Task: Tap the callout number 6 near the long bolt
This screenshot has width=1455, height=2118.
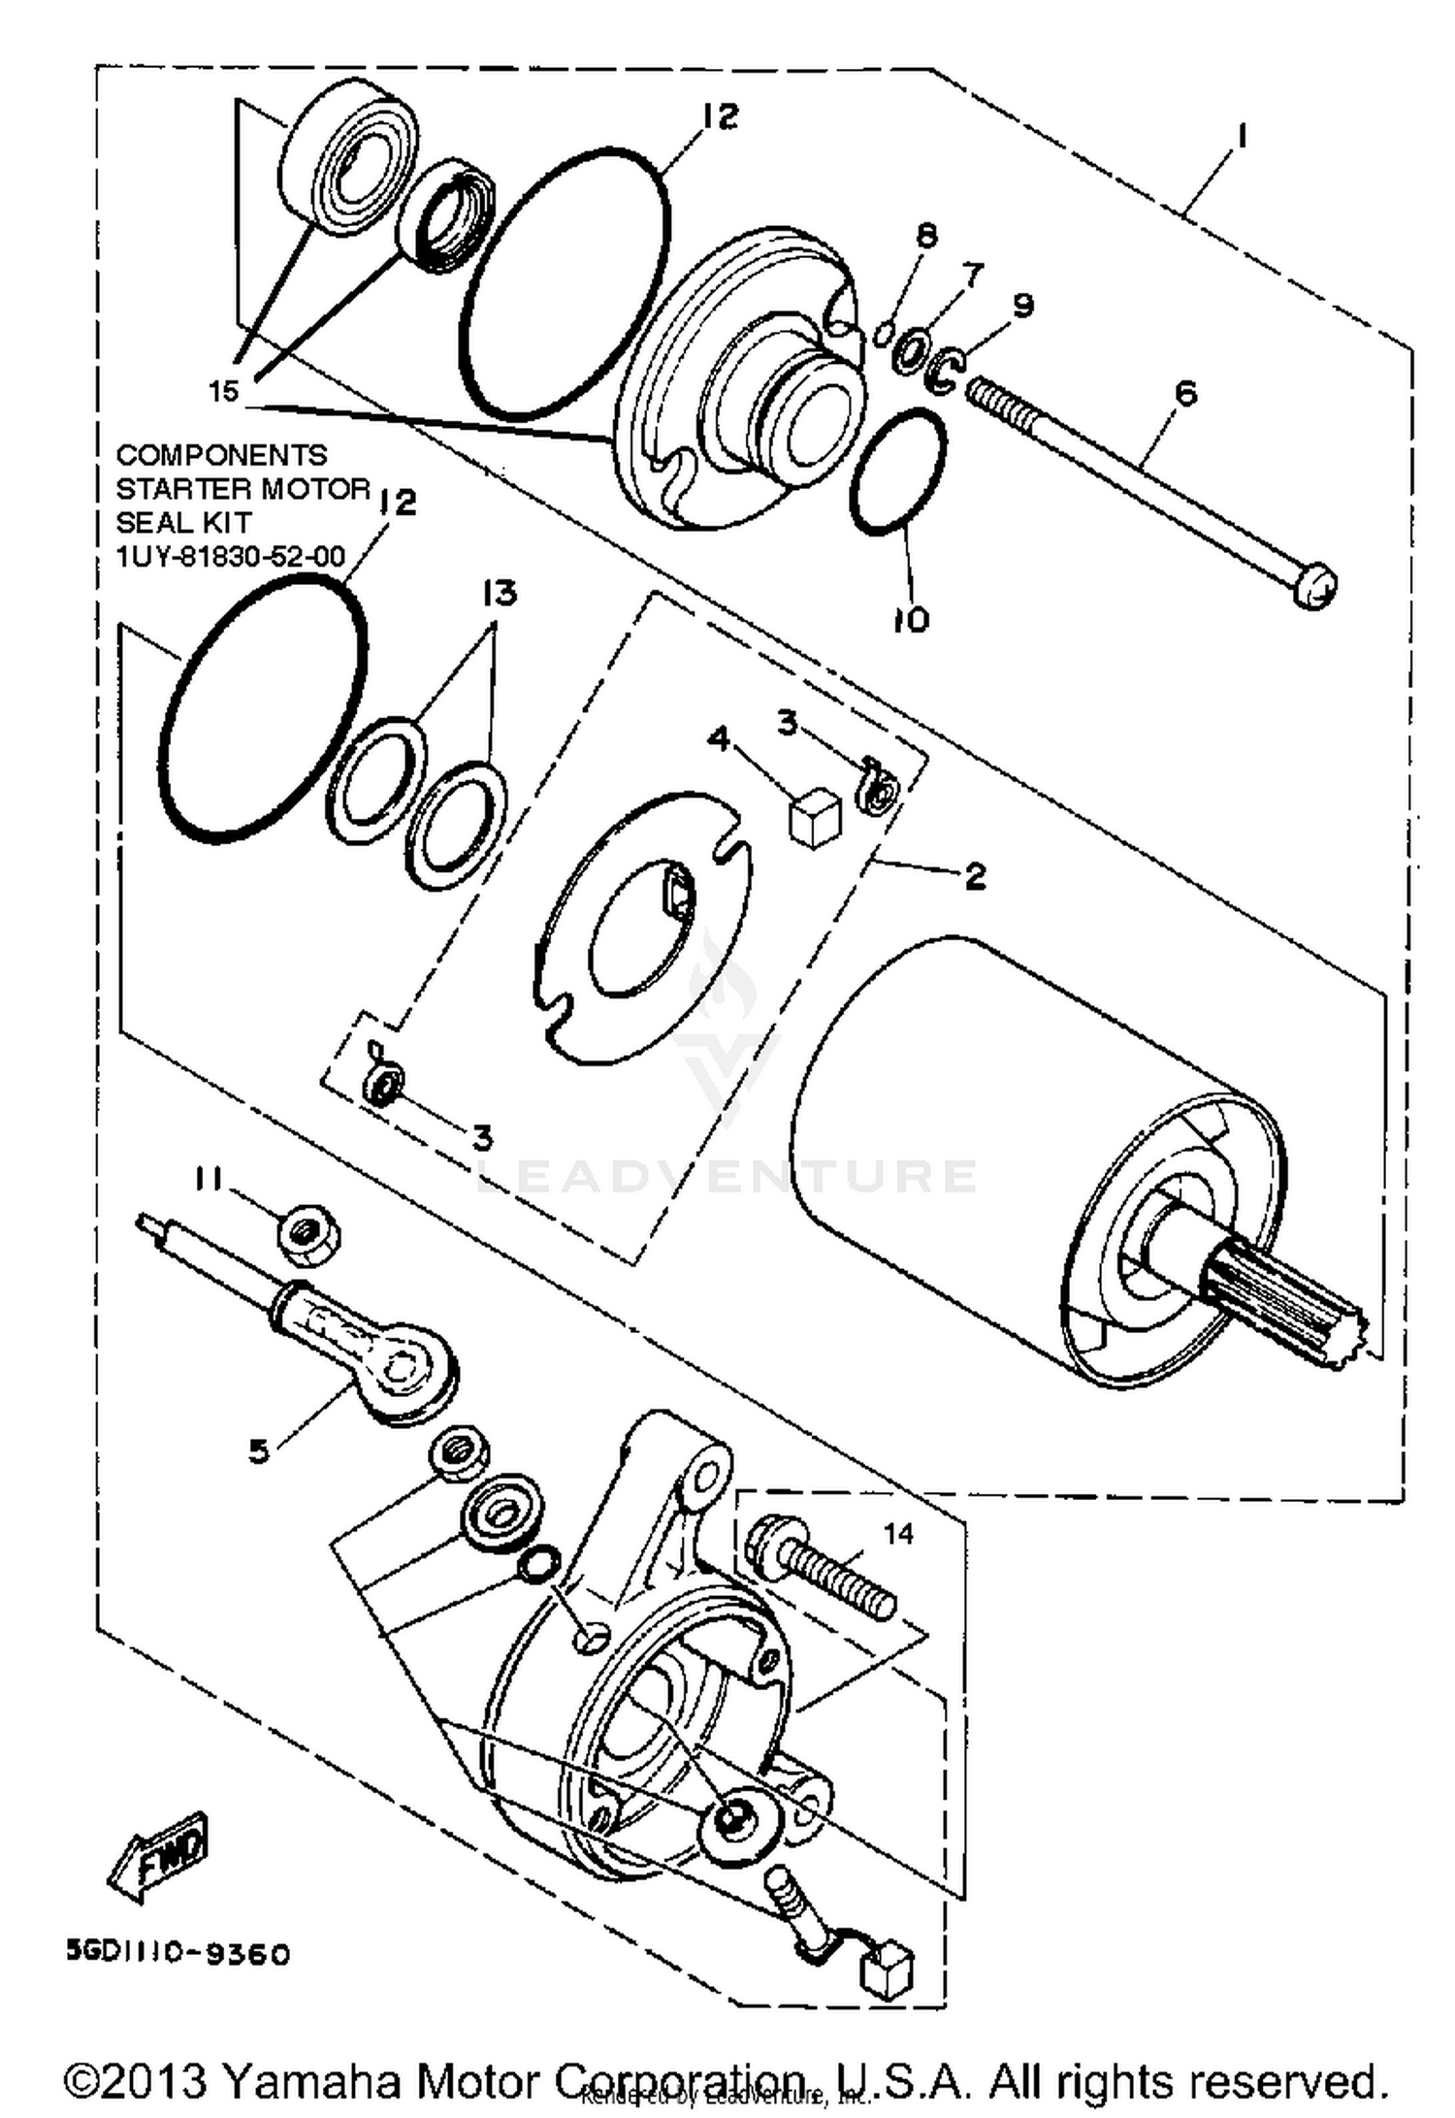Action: [1185, 393]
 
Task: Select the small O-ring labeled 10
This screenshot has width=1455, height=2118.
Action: [898, 470]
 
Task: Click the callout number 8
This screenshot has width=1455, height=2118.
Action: [926, 236]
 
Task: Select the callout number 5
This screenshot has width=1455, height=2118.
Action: [258, 1451]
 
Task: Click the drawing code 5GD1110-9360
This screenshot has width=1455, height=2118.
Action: [178, 1953]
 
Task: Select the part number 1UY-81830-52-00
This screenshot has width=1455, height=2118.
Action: [230, 556]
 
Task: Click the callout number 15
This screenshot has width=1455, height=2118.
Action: [222, 391]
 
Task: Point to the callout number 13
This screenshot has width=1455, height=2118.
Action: [501, 592]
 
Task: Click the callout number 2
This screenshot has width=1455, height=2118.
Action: [975, 875]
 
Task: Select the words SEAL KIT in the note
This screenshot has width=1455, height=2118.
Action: [183, 522]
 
